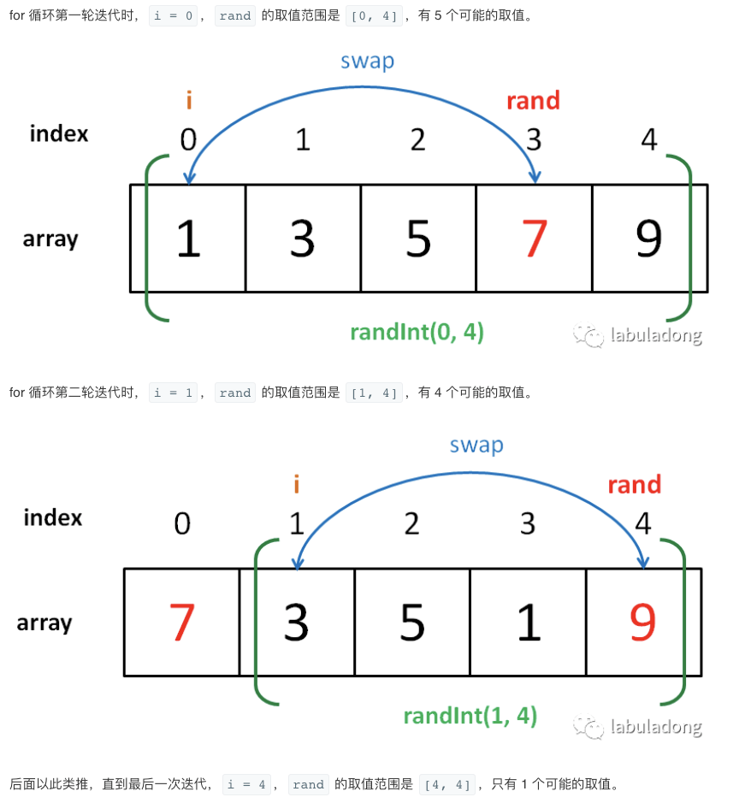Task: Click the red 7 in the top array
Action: [x=534, y=239]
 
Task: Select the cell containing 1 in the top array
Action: [x=187, y=239]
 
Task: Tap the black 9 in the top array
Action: [x=649, y=239]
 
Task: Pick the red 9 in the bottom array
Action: [x=642, y=623]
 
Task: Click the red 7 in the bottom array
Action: [x=182, y=623]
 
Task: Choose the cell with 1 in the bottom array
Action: [x=529, y=623]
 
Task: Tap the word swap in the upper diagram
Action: [x=367, y=61]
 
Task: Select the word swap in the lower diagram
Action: [x=476, y=445]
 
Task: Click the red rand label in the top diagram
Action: [x=533, y=101]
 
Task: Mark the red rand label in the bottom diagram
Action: [x=634, y=485]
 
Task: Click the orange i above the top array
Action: [x=188, y=101]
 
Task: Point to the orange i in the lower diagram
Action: [x=296, y=485]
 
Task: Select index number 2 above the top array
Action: [x=417, y=139]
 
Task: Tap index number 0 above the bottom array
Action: [x=182, y=523]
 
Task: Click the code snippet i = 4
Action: [x=247, y=784]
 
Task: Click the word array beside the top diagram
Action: [x=50, y=239]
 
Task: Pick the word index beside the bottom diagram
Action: [x=53, y=517]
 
